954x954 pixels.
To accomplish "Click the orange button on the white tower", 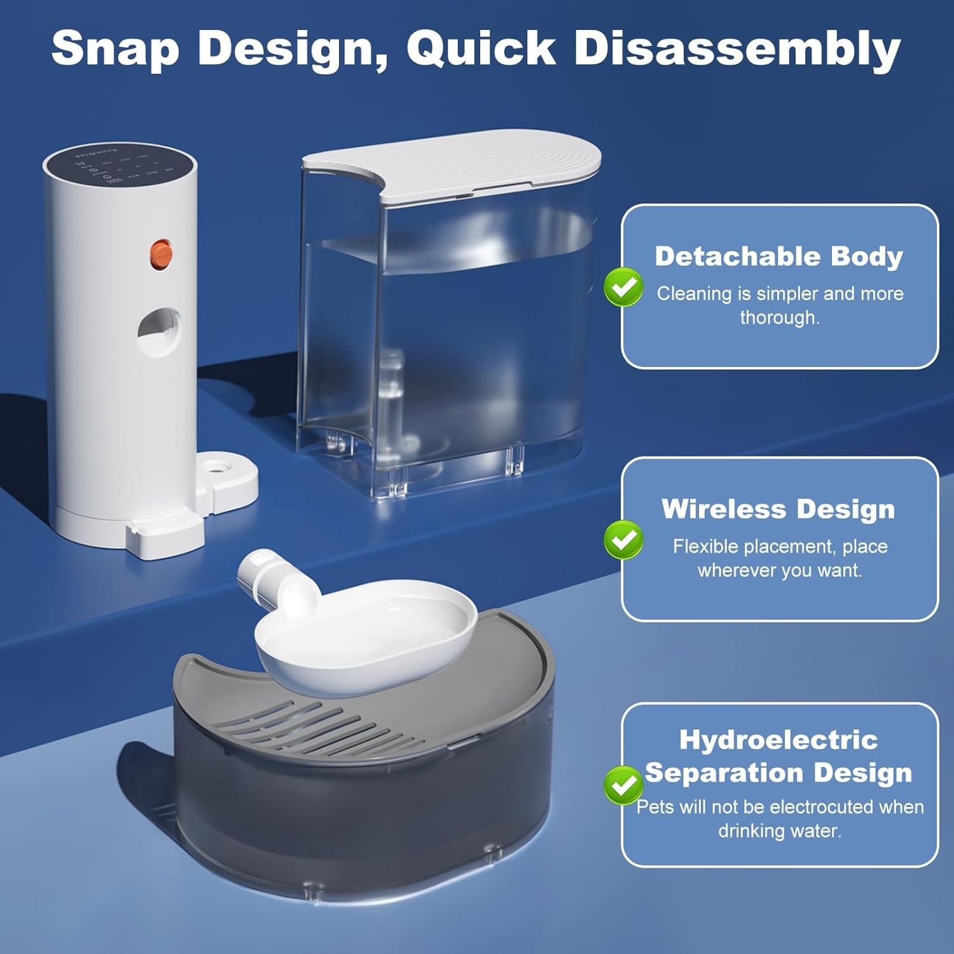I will pyautogui.click(x=161, y=253).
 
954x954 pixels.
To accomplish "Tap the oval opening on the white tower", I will pyautogui.click(x=159, y=331).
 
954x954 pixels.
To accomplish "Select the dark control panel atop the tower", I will pyautogui.click(x=119, y=167).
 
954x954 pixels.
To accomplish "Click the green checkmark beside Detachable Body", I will pyautogui.click(x=623, y=287).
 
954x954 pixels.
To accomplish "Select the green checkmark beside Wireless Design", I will pyautogui.click(x=623, y=539).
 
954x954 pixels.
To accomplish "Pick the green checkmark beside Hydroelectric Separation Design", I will pyautogui.click(x=623, y=785).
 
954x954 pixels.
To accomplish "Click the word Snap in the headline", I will pyautogui.click(x=115, y=50).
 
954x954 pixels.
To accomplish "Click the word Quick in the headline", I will pyautogui.click(x=481, y=50).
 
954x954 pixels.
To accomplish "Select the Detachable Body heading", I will pyautogui.click(x=778, y=256).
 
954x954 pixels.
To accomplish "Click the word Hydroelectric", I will pyautogui.click(x=778, y=740).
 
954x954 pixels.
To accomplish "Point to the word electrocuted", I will pyautogui.click(x=820, y=806).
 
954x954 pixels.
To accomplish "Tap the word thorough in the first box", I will pyautogui.click(x=778, y=317).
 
